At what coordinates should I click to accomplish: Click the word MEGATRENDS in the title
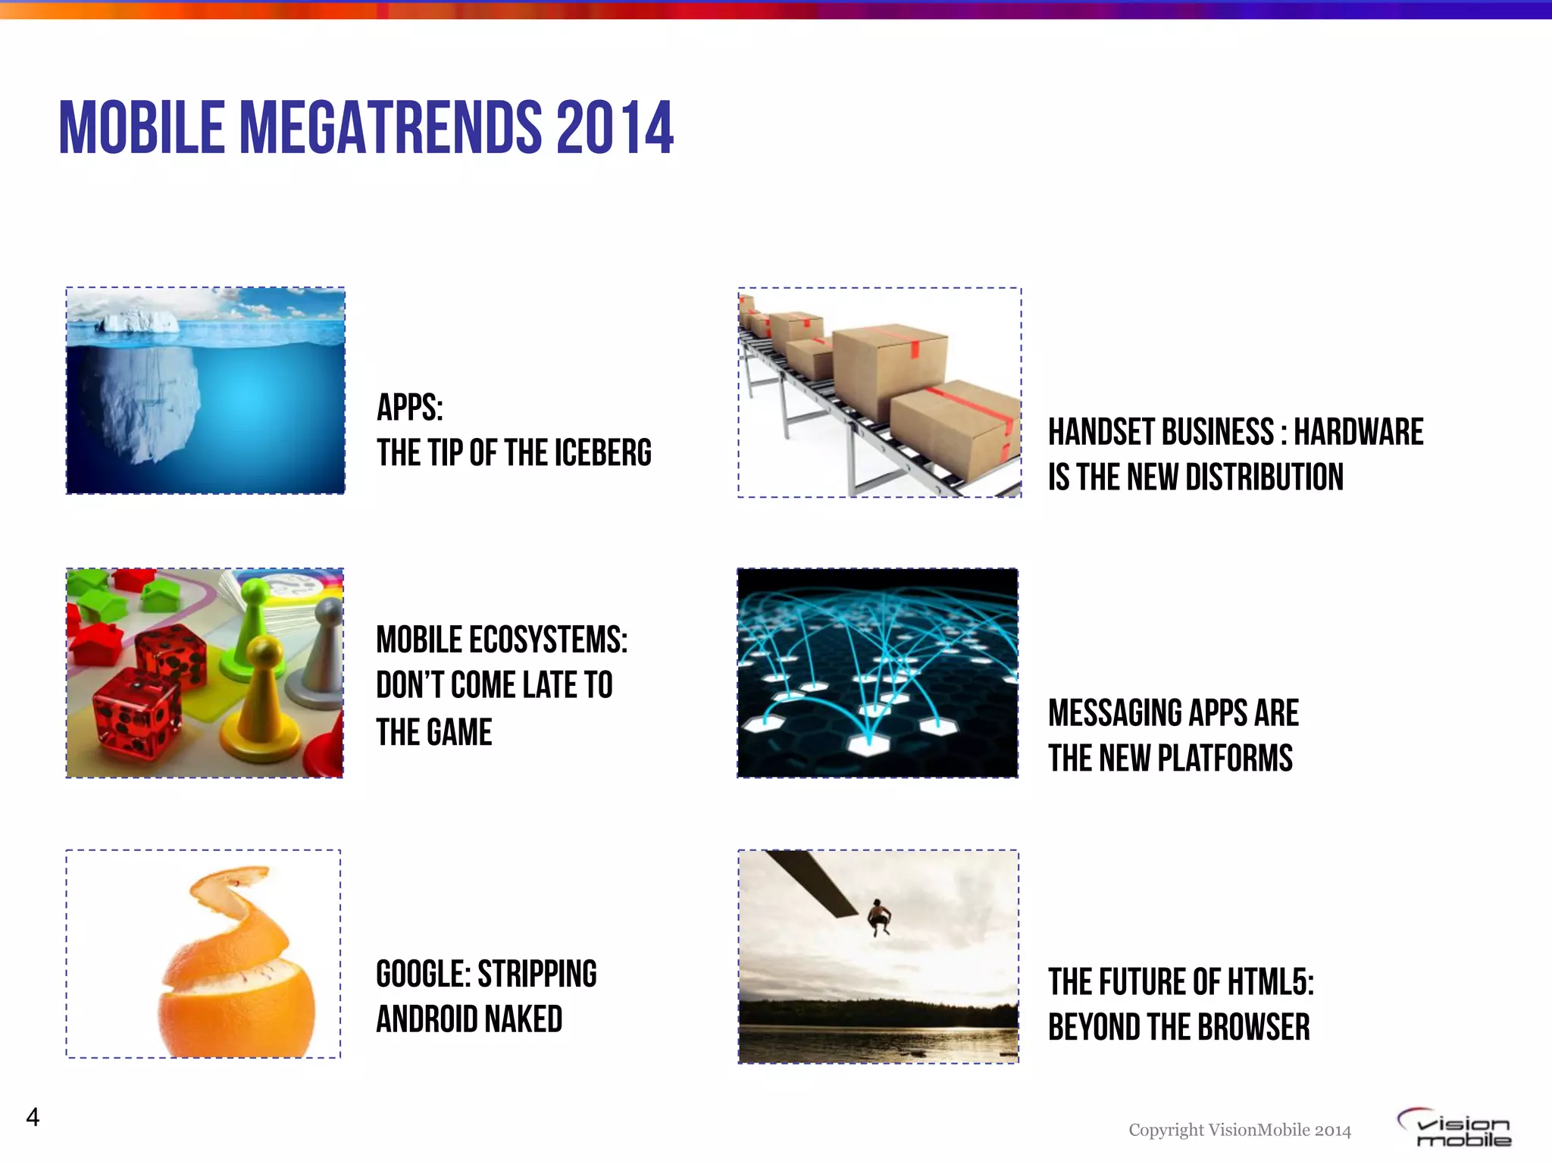tap(390, 127)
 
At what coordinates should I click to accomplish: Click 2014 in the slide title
tap(615, 127)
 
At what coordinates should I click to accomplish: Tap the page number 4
tap(33, 1117)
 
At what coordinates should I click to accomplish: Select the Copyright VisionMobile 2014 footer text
tap(1240, 1130)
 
